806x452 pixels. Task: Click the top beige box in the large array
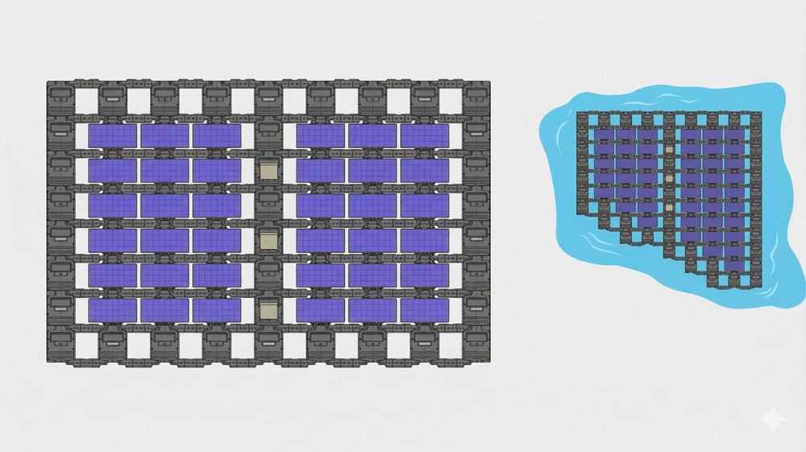[x=268, y=170]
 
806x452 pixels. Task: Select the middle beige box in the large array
[x=268, y=240]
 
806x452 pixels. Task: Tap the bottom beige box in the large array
[x=268, y=309]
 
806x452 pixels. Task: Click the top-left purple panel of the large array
[x=113, y=135]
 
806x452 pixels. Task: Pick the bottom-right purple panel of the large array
[x=424, y=309]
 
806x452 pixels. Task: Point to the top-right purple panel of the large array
[x=424, y=135]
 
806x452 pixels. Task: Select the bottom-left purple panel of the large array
[x=113, y=309]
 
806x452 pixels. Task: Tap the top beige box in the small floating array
[x=668, y=149]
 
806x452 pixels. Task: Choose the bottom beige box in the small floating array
[x=668, y=207]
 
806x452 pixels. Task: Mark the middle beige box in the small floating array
[x=668, y=178]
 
